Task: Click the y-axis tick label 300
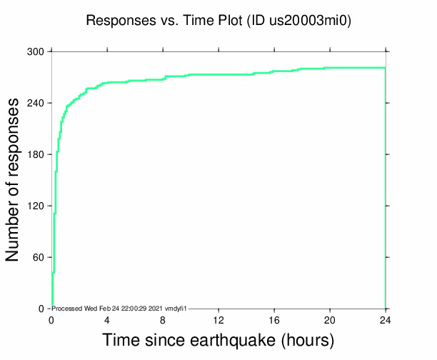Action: pos(36,51)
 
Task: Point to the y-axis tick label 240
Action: pos(36,103)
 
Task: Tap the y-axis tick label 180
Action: pos(36,154)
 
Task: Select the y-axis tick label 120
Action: pos(36,206)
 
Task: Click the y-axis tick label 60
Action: pos(39,257)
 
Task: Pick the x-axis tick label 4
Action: pos(107,320)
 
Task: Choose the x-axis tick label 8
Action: pos(163,320)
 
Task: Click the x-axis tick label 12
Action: pos(218,320)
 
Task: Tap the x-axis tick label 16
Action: pos(274,320)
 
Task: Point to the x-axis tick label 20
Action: pos(330,320)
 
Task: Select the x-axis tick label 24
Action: pos(386,320)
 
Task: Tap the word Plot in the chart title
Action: pos(228,21)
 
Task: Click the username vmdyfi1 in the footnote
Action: pos(177,308)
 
